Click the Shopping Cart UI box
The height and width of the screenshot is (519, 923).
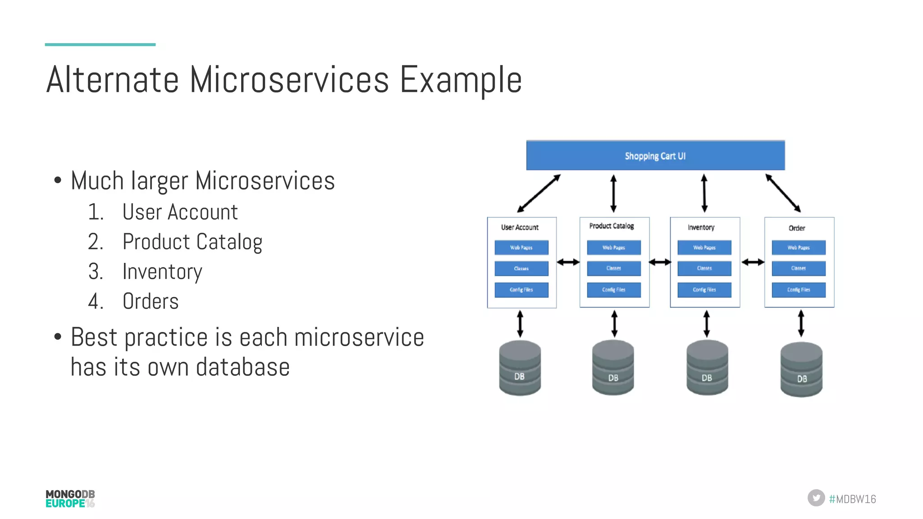[x=655, y=156]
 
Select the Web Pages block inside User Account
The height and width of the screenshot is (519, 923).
[x=521, y=248]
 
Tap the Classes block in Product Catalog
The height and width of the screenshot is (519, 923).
[x=613, y=268]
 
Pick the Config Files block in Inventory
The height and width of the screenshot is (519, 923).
[x=704, y=290]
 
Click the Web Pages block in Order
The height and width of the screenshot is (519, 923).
[x=798, y=248]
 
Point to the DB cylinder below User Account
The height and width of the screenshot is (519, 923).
[x=520, y=368]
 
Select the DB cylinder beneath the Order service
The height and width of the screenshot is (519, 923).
[x=801, y=370]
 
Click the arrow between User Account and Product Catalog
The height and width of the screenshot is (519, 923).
[x=568, y=262]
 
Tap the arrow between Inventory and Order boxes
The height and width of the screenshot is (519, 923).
[x=752, y=262]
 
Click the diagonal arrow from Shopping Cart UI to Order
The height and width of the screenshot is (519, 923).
[x=783, y=193]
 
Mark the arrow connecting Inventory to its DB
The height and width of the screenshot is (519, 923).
[x=706, y=324]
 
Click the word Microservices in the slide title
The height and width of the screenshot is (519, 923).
[x=289, y=80]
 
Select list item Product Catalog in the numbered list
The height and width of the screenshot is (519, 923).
[x=192, y=242]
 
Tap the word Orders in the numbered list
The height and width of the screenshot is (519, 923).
[x=151, y=301]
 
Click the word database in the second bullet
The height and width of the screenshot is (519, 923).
[x=243, y=367]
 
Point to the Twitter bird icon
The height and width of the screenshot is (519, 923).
[x=816, y=498]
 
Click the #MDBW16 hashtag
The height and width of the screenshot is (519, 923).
[x=852, y=499]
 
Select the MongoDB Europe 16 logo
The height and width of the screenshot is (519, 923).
[x=70, y=499]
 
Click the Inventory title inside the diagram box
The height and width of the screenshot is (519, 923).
[x=701, y=227]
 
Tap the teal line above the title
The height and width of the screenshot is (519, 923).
[x=100, y=45]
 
